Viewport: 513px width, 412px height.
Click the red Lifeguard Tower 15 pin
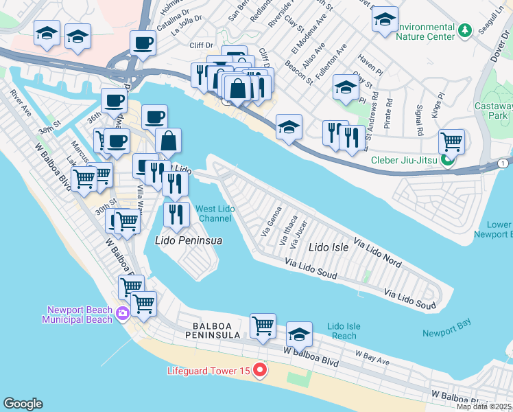pyautogui.click(x=260, y=371)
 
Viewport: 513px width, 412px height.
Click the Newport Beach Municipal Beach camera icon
pyautogui.click(x=123, y=314)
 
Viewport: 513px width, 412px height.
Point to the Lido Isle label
pyautogui.click(x=329, y=247)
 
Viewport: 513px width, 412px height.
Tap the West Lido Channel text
pyautogui.click(x=215, y=214)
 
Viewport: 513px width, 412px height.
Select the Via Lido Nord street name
pyautogui.click(x=377, y=252)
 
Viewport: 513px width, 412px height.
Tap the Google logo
pyautogui.click(x=23, y=404)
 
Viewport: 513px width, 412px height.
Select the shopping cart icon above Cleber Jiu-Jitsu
pyautogui.click(x=451, y=141)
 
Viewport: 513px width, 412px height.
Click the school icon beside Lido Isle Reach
pyautogui.click(x=298, y=334)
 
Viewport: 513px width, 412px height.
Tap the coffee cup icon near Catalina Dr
pyautogui.click(x=143, y=43)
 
